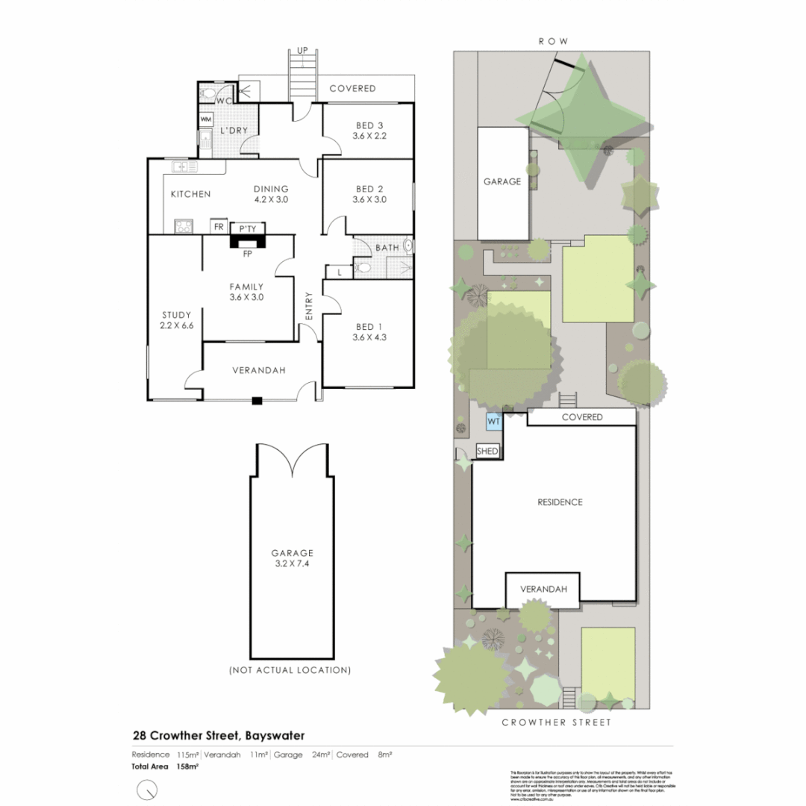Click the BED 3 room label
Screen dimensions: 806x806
click(368, 125)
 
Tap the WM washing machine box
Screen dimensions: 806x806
click(206, 119)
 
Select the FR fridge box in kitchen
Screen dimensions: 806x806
click(219, 226)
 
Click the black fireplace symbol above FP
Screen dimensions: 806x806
click(246, 241)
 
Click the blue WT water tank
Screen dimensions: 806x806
click(493, 422)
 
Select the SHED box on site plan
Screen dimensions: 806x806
click(487, 451)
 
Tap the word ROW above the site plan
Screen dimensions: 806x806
click(553, 41)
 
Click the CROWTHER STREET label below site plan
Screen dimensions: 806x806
click(556, 722)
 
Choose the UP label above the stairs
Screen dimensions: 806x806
click(302, 50)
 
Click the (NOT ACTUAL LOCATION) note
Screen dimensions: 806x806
click(290, 670)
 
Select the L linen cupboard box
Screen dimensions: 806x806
click(340, 272)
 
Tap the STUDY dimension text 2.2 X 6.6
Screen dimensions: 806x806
click(177, 325)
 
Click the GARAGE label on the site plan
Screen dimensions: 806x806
click(502, 181)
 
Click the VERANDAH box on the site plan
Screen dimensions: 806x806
click(544, 589)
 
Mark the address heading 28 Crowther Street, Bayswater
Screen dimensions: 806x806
click(218, 735)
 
